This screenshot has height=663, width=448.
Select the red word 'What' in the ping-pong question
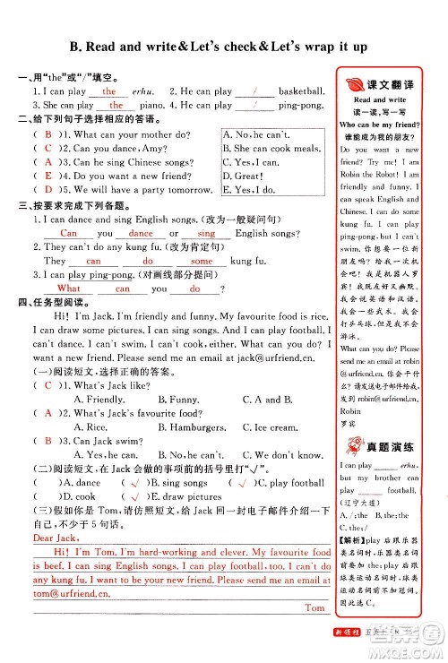68,288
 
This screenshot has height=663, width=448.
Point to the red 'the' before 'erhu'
109,91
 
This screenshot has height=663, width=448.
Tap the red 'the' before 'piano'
116,105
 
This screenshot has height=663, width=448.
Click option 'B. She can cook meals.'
271,149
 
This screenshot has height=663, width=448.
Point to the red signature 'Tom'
314,607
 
